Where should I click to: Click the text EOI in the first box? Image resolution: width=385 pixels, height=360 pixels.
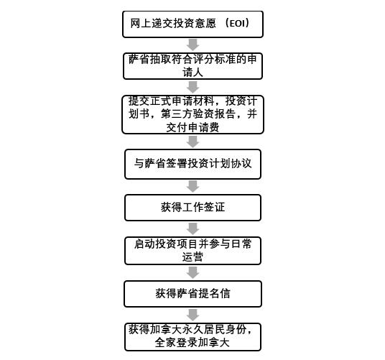click(237, 23)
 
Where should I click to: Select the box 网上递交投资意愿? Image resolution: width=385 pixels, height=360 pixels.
click(192, 24)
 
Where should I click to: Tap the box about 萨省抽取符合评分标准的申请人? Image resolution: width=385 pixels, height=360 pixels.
click(192, 66)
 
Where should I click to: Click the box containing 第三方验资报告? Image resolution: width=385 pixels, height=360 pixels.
click(192, 114)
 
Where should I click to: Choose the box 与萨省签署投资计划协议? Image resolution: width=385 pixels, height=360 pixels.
click(192, 164)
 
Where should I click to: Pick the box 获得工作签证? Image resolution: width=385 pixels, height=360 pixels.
click(192, 208)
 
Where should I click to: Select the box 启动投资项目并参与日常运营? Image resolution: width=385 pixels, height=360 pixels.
click(192, 251)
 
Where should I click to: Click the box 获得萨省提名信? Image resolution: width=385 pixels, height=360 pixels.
click(192, 294)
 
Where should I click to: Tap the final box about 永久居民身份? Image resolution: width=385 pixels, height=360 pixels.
click(192, 337)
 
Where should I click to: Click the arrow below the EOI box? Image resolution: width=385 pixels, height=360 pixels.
click(192, 45)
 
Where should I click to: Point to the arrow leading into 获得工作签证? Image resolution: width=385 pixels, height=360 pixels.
click(192, 186)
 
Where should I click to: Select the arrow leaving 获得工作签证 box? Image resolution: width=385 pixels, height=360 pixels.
click(192, 229)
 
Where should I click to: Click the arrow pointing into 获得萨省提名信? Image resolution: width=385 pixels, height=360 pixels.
click(192, 272)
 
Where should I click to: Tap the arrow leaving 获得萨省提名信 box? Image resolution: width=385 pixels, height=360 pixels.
click(192, 315)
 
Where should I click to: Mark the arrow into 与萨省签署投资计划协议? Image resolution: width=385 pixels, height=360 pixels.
click(192, 142)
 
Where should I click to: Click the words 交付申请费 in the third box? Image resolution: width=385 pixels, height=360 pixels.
click(192, 128)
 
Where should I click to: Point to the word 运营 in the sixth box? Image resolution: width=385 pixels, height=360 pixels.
click(192, 257)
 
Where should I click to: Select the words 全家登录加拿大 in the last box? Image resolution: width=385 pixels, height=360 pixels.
click(192, 343)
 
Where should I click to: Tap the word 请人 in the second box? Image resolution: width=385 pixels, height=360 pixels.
click(192, 73)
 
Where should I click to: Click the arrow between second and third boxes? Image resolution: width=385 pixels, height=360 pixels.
click(192, 87)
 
